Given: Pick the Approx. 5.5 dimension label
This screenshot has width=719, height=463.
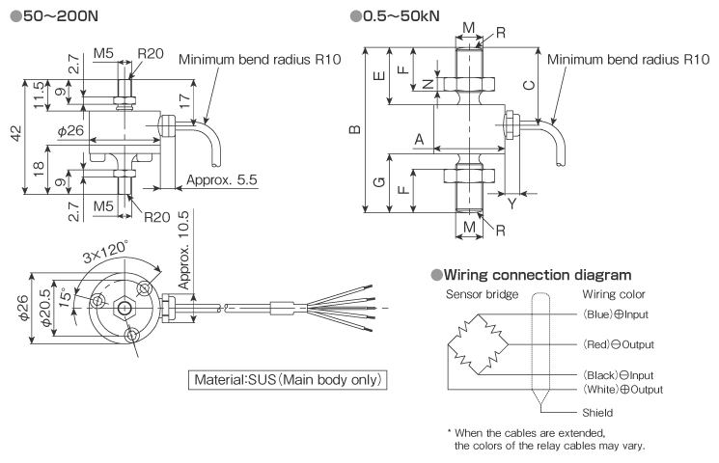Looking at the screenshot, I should pyautogui.click(x=221, y=179).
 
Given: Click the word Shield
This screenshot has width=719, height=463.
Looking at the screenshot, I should pyautogui.click(x=598, y=412).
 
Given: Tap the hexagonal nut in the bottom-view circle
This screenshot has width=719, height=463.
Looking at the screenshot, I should pyautogui.click(x=124, y=308).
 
